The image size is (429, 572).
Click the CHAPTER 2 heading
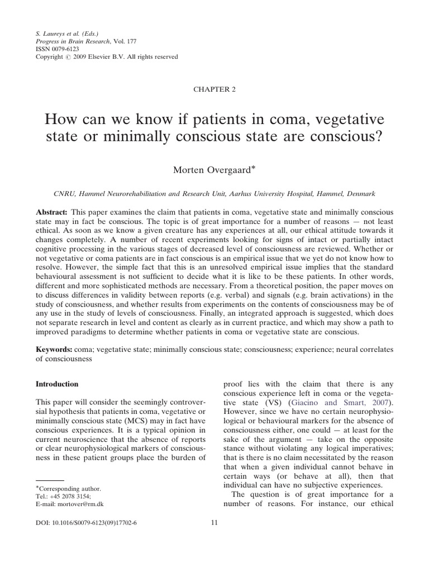[214, 90]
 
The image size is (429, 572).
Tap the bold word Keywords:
[54, 349]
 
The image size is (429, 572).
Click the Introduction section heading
[57, 384]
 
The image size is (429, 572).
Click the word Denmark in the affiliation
[361, 193]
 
